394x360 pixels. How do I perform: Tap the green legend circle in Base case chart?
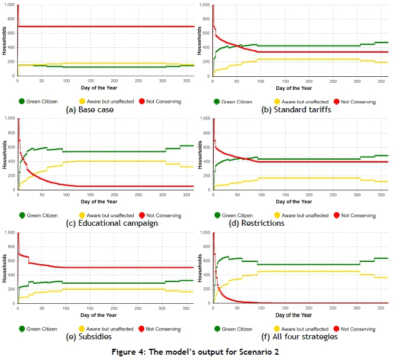click(x=22, y=101)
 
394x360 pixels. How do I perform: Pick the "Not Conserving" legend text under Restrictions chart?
click(x=359, y=216)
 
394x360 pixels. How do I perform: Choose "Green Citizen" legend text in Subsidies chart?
click(x=44, y=329)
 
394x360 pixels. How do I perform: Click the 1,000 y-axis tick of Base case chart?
click(x=9, y=5)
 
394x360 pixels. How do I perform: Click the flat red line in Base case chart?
click(x=106, y=27)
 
